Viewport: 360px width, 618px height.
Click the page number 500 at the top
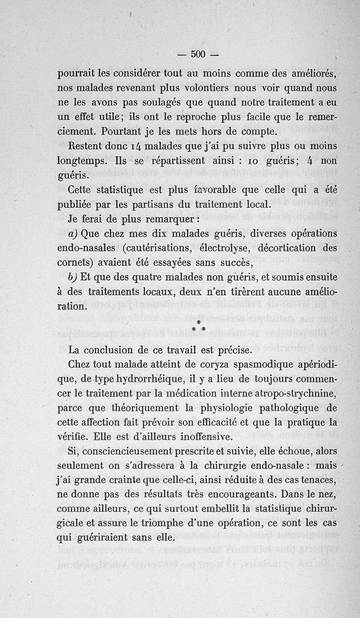tap(198, 55)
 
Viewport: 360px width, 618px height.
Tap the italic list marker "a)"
tap(74, 234)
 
